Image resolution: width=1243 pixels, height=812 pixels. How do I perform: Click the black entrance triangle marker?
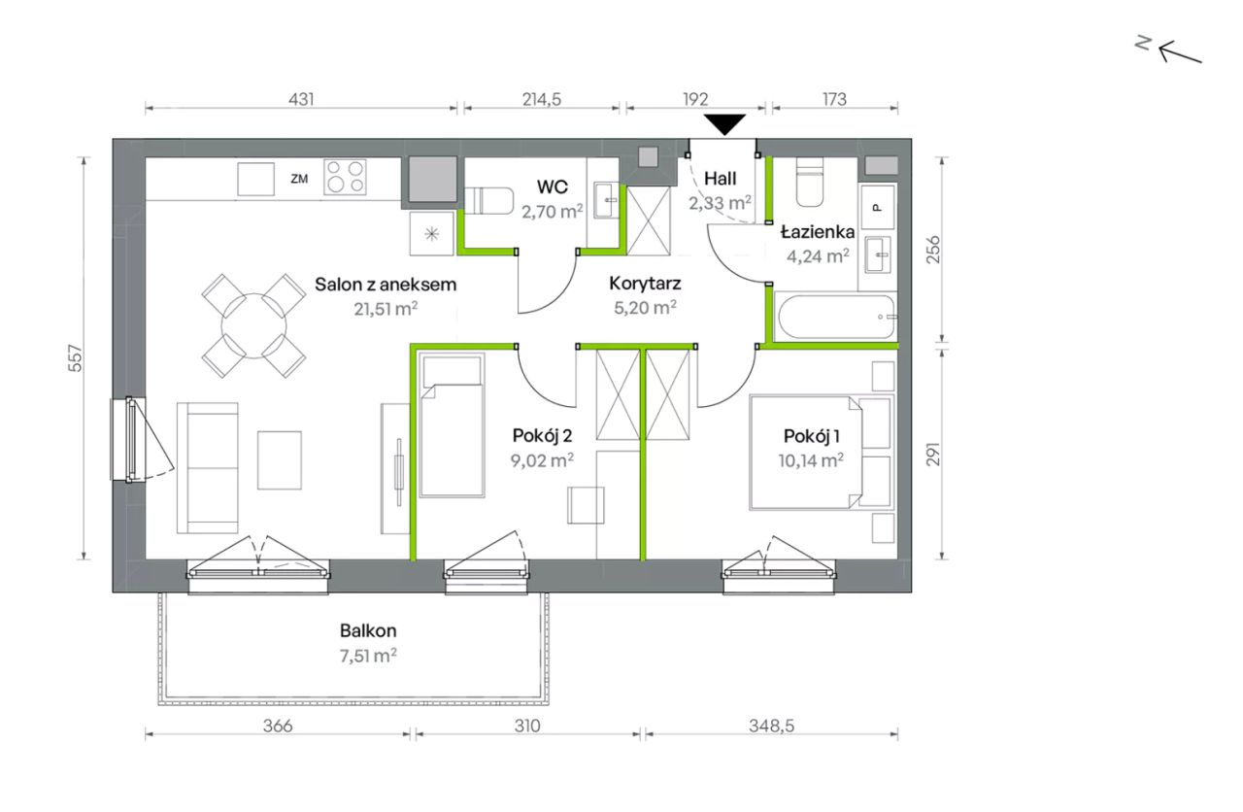point(724,123)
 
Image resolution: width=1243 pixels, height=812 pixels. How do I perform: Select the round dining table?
point(253,325)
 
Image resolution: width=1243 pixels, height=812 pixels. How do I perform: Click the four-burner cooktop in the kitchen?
point(345,177)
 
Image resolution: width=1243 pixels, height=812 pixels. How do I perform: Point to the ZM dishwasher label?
point(299,179)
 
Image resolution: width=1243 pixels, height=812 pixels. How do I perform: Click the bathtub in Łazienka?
point(836,317)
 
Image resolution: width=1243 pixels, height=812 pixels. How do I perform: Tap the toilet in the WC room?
point(488,200)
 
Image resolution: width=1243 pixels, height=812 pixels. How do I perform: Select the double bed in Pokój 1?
point(805,452)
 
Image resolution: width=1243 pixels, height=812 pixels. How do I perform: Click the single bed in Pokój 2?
point(452,425)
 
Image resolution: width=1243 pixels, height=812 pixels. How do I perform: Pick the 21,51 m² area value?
point(386,308)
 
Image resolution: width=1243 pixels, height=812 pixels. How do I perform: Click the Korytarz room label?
point(645,284)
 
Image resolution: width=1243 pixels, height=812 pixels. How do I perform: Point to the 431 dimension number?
point(301,99)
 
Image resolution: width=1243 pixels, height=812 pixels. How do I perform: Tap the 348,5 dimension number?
point(771,726)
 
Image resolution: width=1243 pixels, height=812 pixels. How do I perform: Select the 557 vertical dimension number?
point(75,358)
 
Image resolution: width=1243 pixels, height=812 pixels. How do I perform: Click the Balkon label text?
point(368,630)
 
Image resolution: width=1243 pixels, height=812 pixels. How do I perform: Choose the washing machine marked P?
point(877,207)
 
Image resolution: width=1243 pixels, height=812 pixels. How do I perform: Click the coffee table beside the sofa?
point(279,460)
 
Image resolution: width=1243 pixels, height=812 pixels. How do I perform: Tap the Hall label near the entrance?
point(720,179)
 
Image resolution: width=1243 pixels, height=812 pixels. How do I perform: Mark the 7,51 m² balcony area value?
point(368,656)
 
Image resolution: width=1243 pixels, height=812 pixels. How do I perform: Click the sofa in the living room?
point(208,468)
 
